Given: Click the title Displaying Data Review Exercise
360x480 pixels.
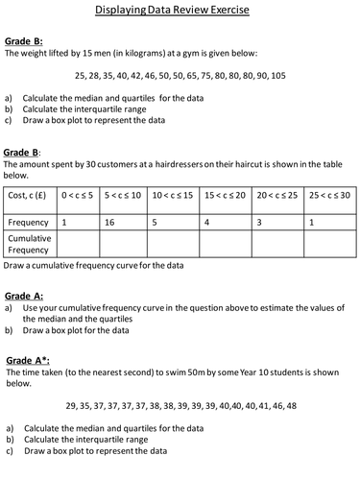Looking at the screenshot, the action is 180,10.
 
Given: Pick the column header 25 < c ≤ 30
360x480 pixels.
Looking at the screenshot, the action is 328,195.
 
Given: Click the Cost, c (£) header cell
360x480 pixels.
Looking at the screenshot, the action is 29,195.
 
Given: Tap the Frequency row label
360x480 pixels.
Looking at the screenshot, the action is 28,222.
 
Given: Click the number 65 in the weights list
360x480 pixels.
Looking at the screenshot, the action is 192,75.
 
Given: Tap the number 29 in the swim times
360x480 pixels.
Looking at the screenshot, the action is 72,405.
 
